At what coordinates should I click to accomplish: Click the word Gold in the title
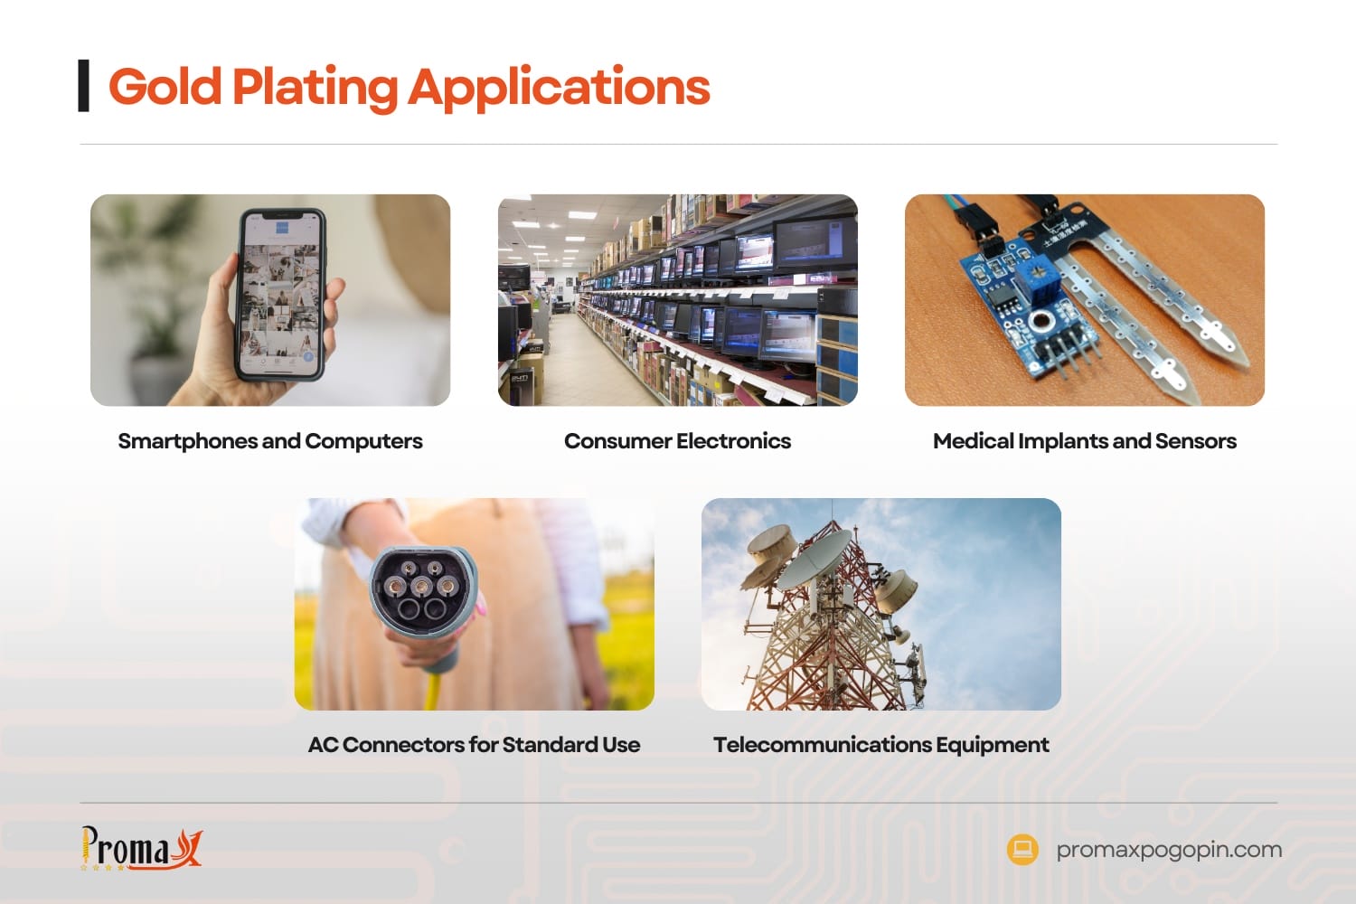(165, 87)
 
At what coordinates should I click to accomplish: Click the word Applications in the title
(559, 88)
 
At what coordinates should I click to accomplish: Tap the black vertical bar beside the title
(84, 86)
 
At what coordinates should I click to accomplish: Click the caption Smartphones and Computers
(270, 441)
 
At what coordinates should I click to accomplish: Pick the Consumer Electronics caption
(677, 441)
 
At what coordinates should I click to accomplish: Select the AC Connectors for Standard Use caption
(474, 745)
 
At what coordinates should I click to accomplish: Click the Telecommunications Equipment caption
(880, 745)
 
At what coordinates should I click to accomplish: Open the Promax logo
(141, 848)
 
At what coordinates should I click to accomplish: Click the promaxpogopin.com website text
(1169, 850)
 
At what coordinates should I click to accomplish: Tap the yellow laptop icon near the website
(1022, 849)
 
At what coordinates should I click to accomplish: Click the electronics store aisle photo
(677, 300)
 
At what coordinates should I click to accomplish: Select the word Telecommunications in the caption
(822, 745)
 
